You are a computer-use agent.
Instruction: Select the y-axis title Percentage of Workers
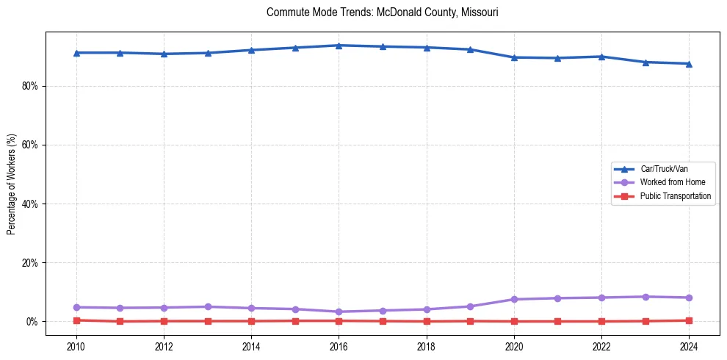point(11,184)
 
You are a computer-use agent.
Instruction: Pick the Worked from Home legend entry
point(672,182)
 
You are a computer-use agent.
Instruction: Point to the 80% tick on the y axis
point(29,86)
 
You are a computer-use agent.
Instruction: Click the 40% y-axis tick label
point(29,204)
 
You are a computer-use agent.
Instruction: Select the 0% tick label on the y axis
point(32,321)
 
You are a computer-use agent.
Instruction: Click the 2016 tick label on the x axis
point(339,346)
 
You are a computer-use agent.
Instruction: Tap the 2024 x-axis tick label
point(689,346)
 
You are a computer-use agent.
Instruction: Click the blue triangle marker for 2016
point(339,46)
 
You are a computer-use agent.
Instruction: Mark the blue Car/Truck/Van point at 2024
point(689,64)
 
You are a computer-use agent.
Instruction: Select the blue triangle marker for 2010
point(76,53)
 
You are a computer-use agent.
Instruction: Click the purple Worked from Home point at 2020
point(514,299)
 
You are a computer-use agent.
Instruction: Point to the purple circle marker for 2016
point(339,312)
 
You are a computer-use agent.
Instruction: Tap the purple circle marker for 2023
point(645,297)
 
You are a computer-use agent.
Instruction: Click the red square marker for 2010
point(76,320)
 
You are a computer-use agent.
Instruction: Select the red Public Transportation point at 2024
point(689,320)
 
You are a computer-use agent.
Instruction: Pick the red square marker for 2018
point(427,321)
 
